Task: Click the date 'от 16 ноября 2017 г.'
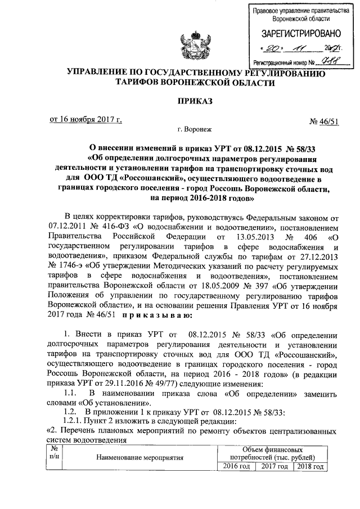click(x=86, y=119)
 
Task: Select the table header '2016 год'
click(x=235, y=467)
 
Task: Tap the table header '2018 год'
click(x=309, y=467)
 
